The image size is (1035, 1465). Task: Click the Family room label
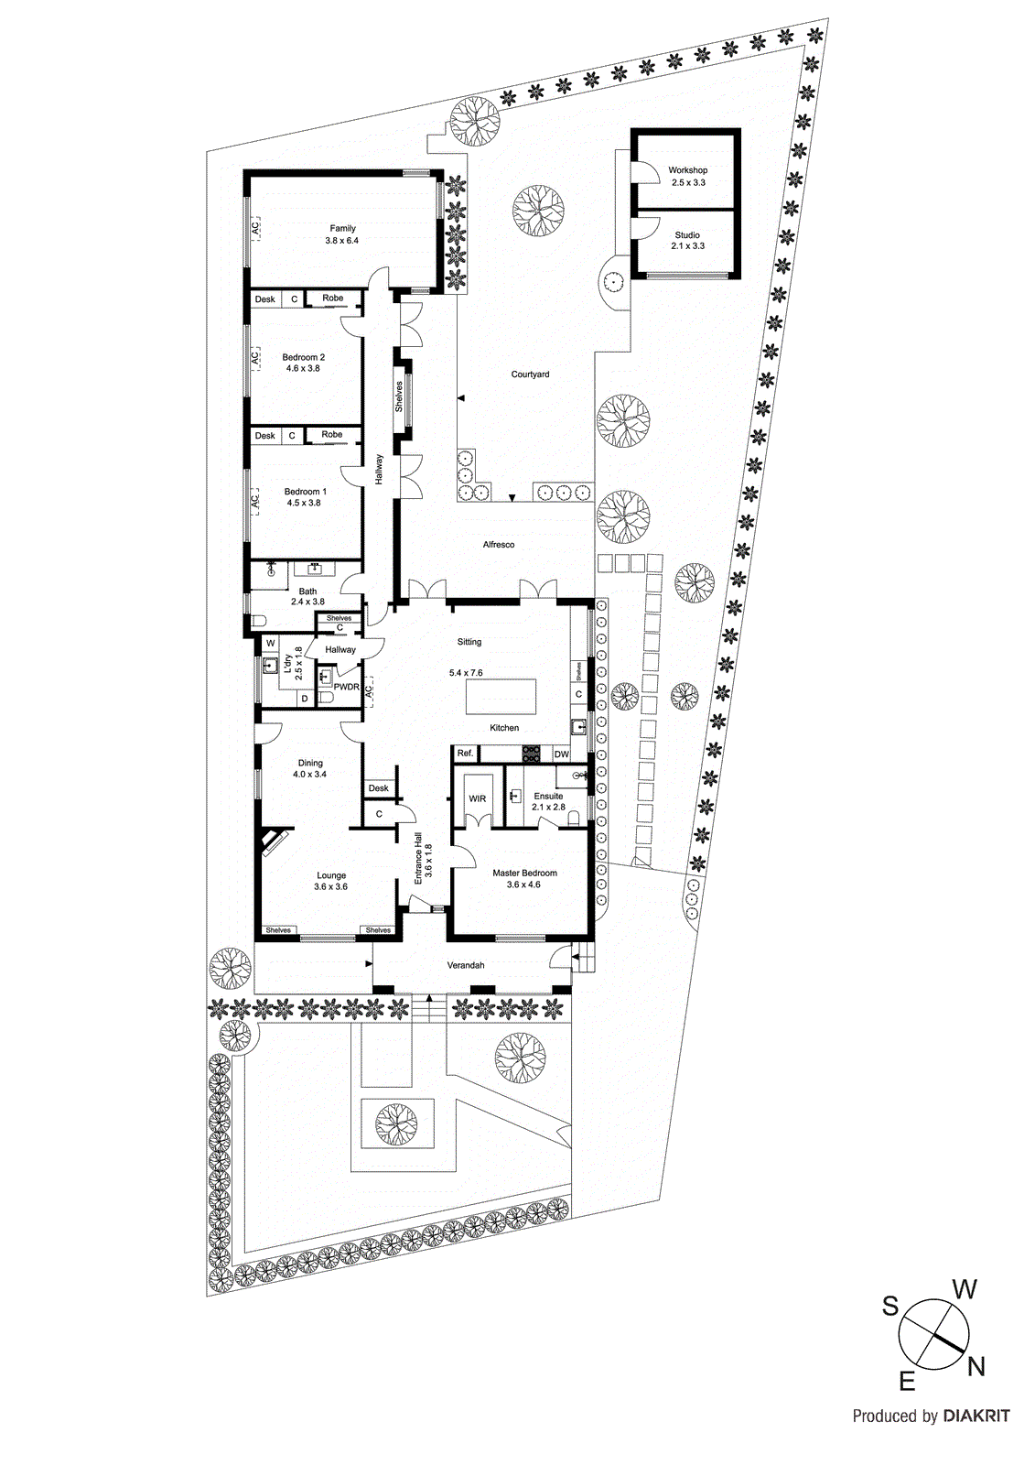click(342, 234)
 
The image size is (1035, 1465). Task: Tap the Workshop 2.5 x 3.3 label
click(687, 176)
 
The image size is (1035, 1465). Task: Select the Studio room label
click(687, 240)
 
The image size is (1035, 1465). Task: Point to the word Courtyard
click(530, 374)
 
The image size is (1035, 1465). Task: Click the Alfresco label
click(499, 545)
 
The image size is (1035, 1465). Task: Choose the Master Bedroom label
click(524, 878)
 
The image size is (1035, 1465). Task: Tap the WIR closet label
click(478, 799)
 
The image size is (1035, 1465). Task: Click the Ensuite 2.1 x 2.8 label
click(548, 801)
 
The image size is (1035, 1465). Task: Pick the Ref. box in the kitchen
click(465, 754)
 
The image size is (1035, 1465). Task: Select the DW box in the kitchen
click(561, 754)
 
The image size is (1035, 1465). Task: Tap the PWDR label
click(346, 687)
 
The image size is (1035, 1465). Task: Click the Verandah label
click(465, 965)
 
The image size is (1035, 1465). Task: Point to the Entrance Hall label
click(422, 856)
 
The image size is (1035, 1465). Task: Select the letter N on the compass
click(976, 1367)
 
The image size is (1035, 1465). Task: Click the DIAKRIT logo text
click(976, 1416)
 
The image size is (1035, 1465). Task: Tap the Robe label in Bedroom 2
click(333, 298)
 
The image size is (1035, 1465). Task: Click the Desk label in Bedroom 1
click(265, 436)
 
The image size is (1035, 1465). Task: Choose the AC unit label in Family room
click(256, 228)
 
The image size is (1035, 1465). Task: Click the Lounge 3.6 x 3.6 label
click(330, 881)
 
